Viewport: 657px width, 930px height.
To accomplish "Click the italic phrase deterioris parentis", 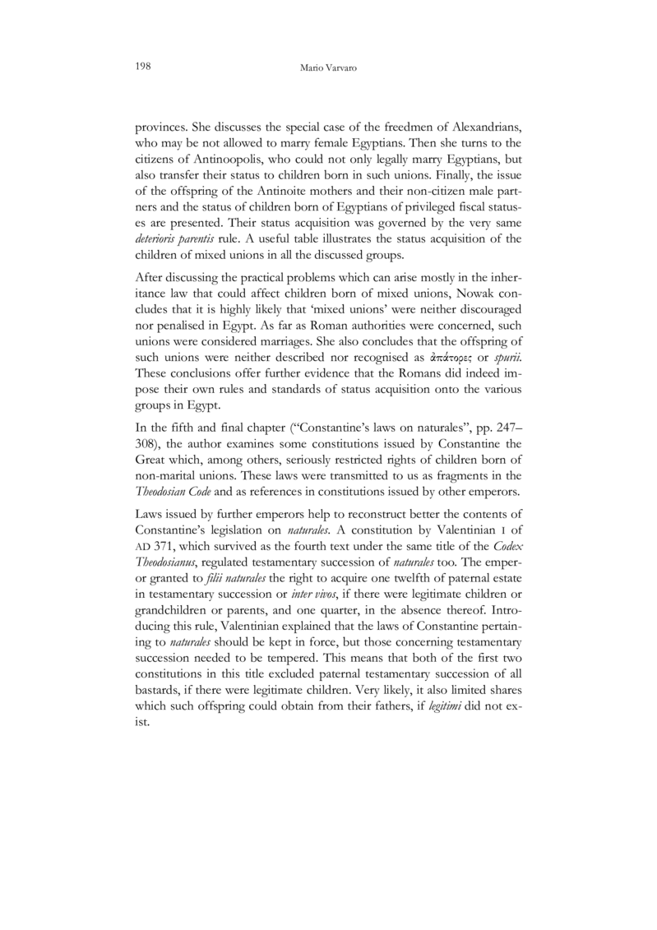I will point(172,239).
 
